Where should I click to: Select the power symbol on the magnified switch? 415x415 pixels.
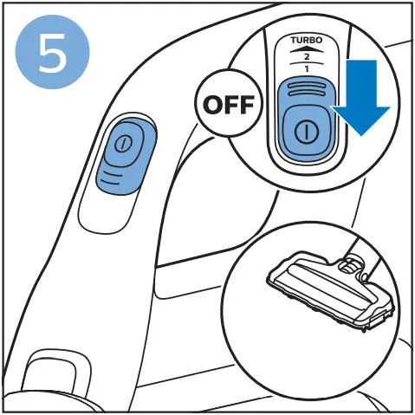tap(304, 131)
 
